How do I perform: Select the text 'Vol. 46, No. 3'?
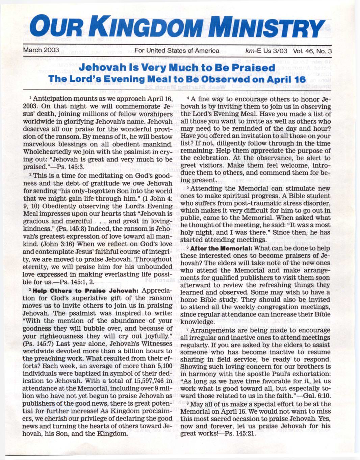[x=312, y=51]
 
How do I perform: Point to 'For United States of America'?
[x=177, y=51]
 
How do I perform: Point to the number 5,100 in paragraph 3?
[x=163, y=366]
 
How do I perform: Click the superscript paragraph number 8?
[x=192, y=403]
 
